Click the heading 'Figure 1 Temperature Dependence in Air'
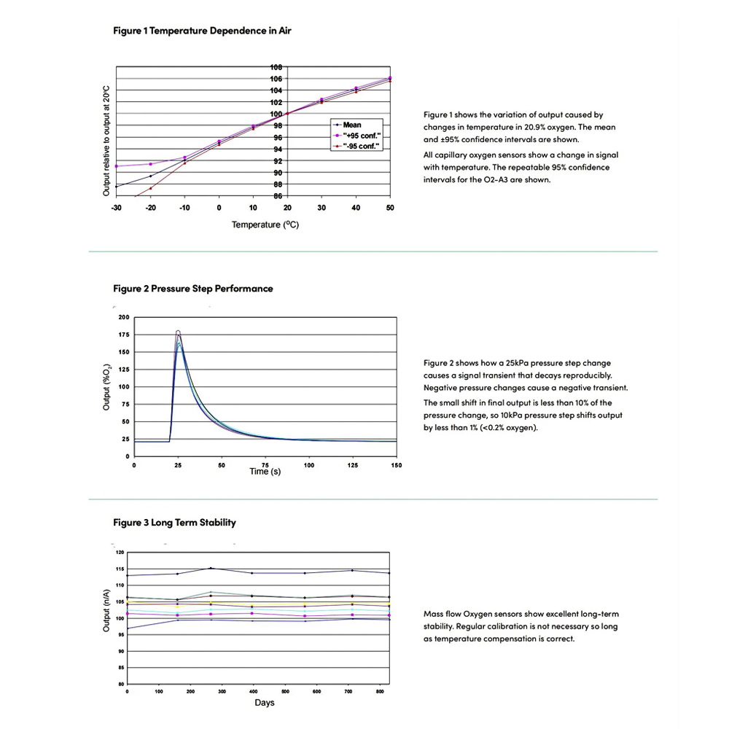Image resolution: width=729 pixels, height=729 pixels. [x=203, y=31]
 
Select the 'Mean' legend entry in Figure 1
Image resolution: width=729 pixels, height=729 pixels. [x=352, y=125]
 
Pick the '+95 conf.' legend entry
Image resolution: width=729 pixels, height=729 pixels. [x=357, y=136]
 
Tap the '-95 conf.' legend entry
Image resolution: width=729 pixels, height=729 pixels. [x=357, y=147]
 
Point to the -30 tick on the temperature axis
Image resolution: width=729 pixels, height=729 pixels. [x=116, y=208]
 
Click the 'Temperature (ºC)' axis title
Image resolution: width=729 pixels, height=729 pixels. [x=265, y=225]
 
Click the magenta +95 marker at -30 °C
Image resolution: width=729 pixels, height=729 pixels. [x=117, y=166]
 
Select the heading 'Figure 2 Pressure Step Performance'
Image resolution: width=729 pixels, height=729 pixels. [x=193, y=289]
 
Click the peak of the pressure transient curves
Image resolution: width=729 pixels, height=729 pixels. [x=178, y=332]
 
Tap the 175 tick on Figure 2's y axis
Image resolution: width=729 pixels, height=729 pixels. [x=123, y=335]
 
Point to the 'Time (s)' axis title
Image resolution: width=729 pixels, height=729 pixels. [x=265, y=472]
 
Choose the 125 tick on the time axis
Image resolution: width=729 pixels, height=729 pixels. [x=352, y=464]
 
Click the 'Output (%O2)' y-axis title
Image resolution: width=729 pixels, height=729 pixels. [x=106, y=386]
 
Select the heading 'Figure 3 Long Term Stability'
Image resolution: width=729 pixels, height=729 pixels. [x=175, y=523]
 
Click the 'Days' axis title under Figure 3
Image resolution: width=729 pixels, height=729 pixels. [x=265, y=703]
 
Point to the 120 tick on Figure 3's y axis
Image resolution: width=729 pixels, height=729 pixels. [x=121, y=553]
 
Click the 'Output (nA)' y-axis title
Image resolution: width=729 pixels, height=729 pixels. [x=106, y=609]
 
